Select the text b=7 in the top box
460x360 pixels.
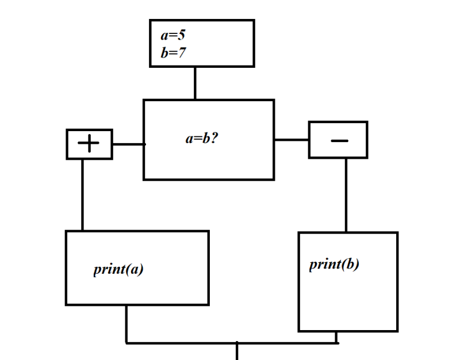(173, 53)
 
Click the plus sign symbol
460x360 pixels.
(89, 144)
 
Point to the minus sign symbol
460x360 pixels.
(339, 140)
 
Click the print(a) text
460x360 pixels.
(118, 269)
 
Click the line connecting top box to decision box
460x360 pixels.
(195, 83)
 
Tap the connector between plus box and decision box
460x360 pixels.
(128, 144)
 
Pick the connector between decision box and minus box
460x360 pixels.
(292, 139)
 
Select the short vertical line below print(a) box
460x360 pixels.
(126, 323)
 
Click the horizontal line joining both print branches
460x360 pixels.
(230, 343)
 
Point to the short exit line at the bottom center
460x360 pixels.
(236, 351)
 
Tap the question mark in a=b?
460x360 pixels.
(214, 139)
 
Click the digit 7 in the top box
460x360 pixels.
(182, 53)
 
